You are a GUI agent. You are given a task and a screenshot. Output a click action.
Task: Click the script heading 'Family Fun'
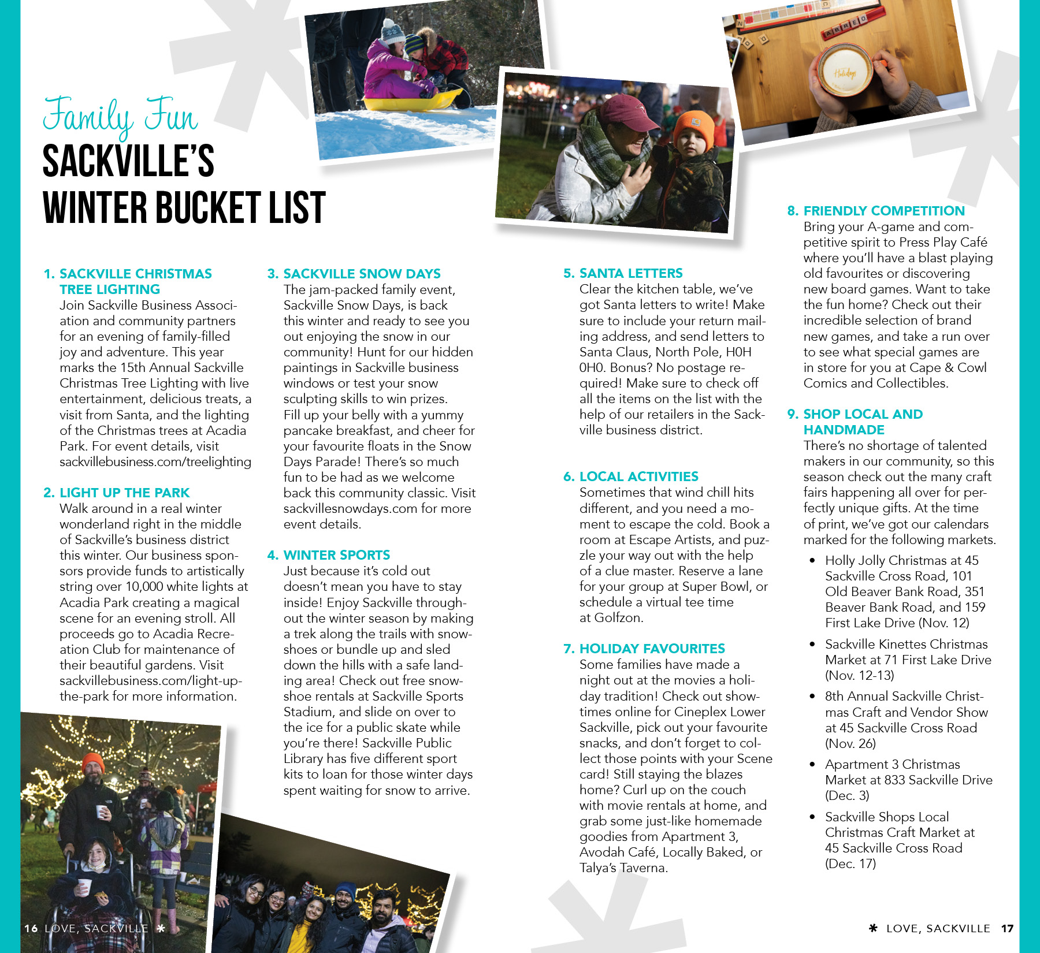coord(120,116)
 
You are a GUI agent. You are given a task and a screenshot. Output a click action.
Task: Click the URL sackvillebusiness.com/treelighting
coord(155,462)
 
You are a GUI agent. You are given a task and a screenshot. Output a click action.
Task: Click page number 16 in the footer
coord(31,929)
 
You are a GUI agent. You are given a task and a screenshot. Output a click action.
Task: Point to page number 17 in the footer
coord(1008,929)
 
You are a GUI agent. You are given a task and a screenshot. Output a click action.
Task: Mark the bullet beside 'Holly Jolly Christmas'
coord(812,560)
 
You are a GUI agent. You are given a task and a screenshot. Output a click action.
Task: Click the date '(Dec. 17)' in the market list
coord(850,864)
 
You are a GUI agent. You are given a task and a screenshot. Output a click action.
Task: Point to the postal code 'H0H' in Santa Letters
coord(738,352)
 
